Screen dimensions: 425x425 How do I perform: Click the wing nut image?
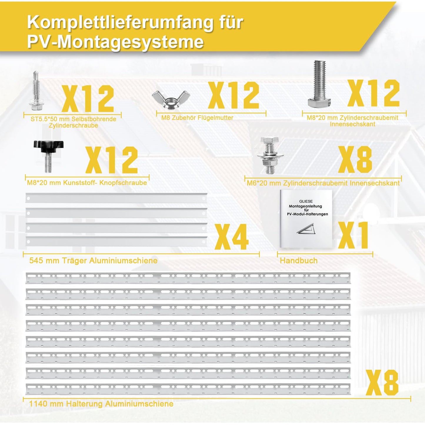[x=171, y=99]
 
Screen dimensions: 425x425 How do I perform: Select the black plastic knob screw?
[x=48, y=156]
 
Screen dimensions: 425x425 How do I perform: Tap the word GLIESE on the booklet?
[x=306, y=201]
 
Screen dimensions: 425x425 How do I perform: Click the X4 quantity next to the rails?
[x=231, y=237]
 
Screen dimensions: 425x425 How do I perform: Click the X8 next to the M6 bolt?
[x=355, y=159]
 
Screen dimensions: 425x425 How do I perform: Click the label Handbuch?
[x=299, y=261]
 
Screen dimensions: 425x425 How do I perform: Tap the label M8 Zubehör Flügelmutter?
[x=197, y=118]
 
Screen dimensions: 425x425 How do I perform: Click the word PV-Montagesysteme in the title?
[x=115, y=42]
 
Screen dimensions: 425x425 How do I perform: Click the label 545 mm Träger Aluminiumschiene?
[x=93, y=261]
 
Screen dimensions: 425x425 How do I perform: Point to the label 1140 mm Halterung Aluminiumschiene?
[x=101, y=404]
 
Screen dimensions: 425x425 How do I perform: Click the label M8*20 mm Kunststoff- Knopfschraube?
[x=87, y=183]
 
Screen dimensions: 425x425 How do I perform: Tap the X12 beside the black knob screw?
[x=112, y=160]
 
